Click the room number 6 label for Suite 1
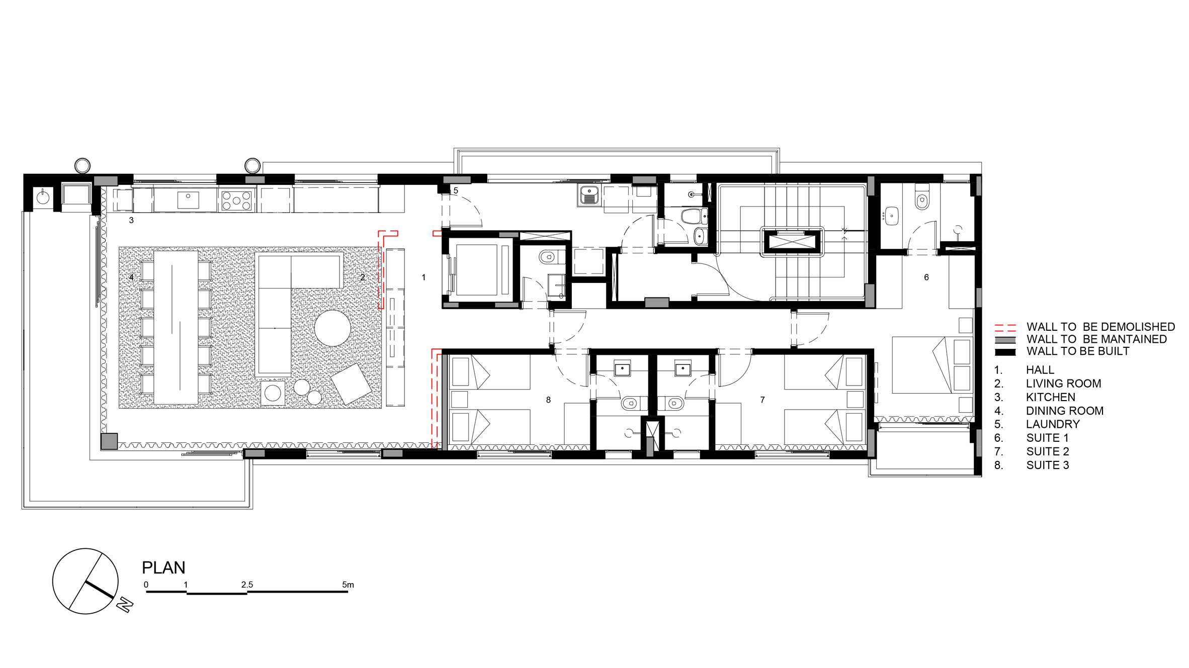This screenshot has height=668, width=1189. coord(926,277)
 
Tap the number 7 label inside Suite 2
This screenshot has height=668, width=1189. coord(762,400)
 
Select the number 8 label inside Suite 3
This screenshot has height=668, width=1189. coord(548,400)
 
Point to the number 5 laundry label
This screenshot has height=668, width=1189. coord(456,191)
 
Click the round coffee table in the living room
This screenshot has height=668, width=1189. coord(332,328)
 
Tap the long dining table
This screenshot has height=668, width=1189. coord(176,327)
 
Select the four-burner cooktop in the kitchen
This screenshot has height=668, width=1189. coord(236,200)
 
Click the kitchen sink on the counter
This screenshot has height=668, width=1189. coord(188,200)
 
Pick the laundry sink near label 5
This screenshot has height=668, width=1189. coord(588,195)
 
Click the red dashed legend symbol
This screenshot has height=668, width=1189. coord(1005,328)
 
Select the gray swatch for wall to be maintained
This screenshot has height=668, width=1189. coord(1005,340)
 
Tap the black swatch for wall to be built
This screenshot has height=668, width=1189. coord(1005,352)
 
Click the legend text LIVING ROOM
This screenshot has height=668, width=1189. coord(1063,384)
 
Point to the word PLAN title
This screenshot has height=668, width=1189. coord(163,567)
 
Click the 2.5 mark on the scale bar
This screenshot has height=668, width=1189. coord(247,585)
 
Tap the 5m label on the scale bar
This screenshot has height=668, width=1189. coord(348,585)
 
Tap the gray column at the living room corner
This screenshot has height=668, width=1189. coord(109,441)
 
